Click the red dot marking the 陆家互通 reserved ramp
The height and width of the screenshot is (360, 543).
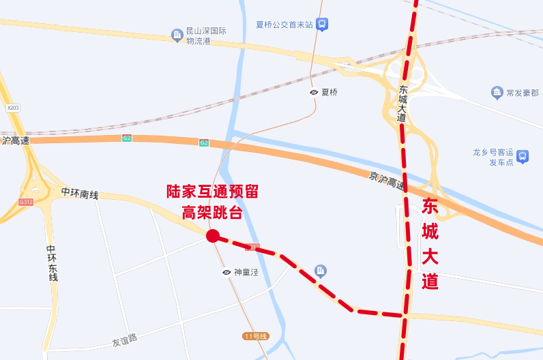[x=212, y=236]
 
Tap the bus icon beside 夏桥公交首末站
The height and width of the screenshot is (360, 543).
[x=322, y=25]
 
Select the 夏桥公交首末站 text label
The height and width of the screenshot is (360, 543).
[x=284, y=25]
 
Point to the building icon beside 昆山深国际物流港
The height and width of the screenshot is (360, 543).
[x=177, y=35]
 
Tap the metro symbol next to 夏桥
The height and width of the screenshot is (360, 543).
[x=314, y=92]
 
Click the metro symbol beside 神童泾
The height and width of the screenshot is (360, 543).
[x=226, y=272]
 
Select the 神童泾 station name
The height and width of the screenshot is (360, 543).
[x=246, y=272]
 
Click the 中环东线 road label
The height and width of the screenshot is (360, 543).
[x=52, y=263]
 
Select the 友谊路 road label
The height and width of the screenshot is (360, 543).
[x=123, y=338]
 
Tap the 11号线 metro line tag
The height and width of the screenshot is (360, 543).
[x=256, y=336]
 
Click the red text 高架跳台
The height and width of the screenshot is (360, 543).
[x=212, y=212]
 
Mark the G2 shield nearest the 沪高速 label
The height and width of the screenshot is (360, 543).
[x=127, y=138]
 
